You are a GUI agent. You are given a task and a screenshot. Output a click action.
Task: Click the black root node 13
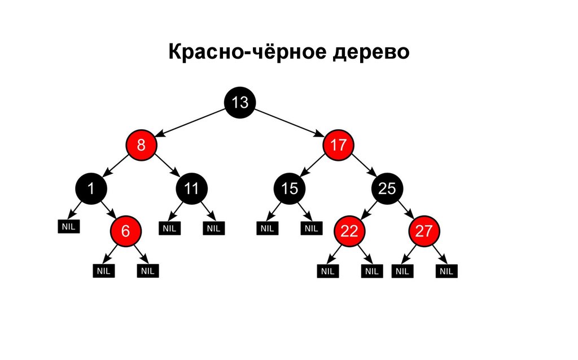point(240,103)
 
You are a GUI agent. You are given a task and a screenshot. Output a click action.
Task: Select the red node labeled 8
point(141,146)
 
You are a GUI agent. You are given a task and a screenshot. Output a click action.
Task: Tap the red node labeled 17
point(338,146)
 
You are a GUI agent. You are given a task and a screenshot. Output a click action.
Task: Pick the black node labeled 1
point(90,189)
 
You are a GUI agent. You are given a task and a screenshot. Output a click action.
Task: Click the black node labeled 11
point(191,189)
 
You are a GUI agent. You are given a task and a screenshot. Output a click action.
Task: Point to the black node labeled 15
point(289,189)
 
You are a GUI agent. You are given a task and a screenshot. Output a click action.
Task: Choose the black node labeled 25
point(387,189)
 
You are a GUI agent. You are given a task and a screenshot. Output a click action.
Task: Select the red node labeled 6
point(125,230)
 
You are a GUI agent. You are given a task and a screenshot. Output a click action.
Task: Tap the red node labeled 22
point(349,230)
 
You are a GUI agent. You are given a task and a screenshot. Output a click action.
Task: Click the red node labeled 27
point(423,230)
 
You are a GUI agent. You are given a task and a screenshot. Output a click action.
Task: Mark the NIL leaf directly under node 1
point(69,226)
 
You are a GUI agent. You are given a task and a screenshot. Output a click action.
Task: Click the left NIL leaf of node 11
point(169,228)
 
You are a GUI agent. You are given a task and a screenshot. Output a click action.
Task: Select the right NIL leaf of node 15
point(310,228)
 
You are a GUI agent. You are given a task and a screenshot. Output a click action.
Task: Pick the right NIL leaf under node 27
point(446,271)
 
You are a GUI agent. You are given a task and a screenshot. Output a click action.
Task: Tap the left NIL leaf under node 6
point(104,271)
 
